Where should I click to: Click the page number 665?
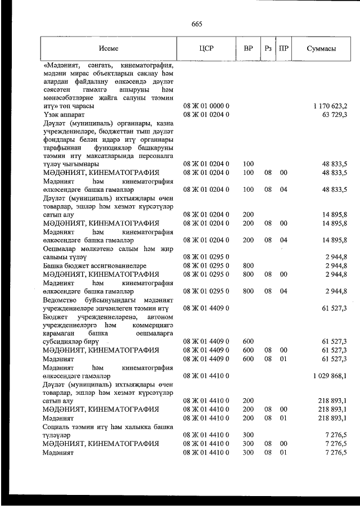pyautogui.click(x=196, y=24)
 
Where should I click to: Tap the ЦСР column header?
pyautogui.click(x=206, y=48)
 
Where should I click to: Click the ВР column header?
pyautogui.click(x=248, y=48)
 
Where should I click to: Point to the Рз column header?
pyautogui.click(x=268, y=48)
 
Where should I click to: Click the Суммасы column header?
pyautogui.click(x=322, y=48)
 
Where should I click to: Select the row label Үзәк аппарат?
pyautogui.click(x=64, y=115)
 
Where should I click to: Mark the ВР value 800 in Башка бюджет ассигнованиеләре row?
pyautogui.click(x=248, y=265)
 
